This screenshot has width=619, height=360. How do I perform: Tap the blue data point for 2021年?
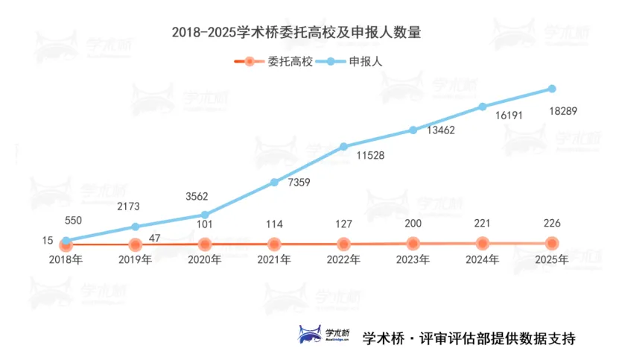click(x=274, y=182)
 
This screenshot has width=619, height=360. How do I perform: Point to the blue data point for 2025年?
click(x=552, y=89)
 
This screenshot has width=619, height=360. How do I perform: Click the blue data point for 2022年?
click(x=343, y=147)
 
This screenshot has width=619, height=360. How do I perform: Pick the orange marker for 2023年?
click(x=413, y=243)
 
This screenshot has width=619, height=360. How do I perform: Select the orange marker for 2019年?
click(x=135, y=244)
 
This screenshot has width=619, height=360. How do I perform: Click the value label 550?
click(x=74, y=221)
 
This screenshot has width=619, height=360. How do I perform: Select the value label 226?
click(x=552, y=224)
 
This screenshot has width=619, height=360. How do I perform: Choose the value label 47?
click(x=156, y=239)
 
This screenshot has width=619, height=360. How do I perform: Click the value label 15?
click(x=48, y=241)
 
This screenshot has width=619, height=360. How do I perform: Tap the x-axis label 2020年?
click(x=205, y=260)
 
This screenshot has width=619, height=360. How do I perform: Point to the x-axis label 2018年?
click(x=66, y=260)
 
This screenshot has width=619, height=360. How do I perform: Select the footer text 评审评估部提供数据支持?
click(x=495, y=337)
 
